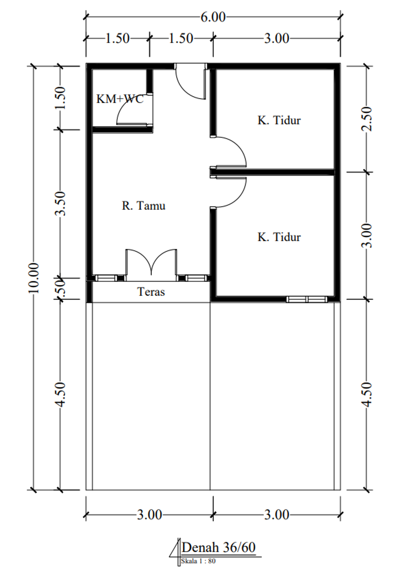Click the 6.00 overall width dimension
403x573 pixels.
coord(213,17)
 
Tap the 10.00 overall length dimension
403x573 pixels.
coord(33,278)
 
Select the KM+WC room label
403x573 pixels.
coord(120,99)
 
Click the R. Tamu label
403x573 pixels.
coord(144,206)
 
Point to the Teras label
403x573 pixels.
coord(151,292)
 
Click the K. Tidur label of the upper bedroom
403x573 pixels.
coord(279,120)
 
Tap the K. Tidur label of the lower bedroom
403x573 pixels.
coord(279,237)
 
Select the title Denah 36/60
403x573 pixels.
coord(218,548)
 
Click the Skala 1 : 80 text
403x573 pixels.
coord(198,561)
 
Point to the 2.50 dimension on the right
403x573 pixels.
coord(366,119)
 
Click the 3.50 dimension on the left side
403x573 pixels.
coord(60,203)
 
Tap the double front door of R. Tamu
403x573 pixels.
coord(151,265)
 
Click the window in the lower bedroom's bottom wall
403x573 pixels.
coord(307,299)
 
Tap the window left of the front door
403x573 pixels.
coord(106,278)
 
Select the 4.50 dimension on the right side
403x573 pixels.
coord(366,394)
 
